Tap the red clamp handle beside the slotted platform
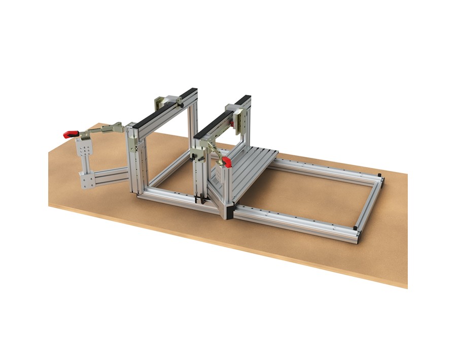(x=226, y=162)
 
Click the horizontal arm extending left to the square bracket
(x=112, y=175)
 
